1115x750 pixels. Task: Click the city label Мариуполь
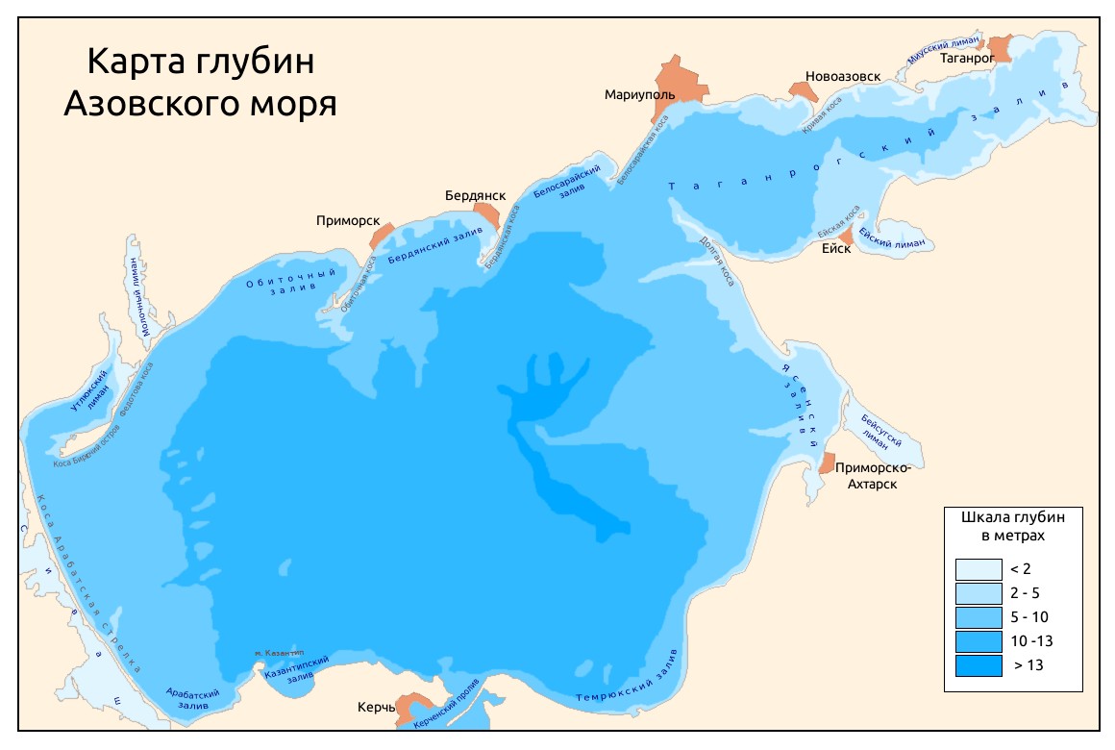point(636,95)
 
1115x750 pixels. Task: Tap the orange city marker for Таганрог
point(1001,48)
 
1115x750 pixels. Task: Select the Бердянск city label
point(475,195)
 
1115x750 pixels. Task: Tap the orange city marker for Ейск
point(846,235)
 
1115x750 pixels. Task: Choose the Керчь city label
point(376,708)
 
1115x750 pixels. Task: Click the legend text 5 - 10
point(1021,616)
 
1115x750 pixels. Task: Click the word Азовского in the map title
point(145,103)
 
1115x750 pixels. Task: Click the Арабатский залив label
point(192,699)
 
